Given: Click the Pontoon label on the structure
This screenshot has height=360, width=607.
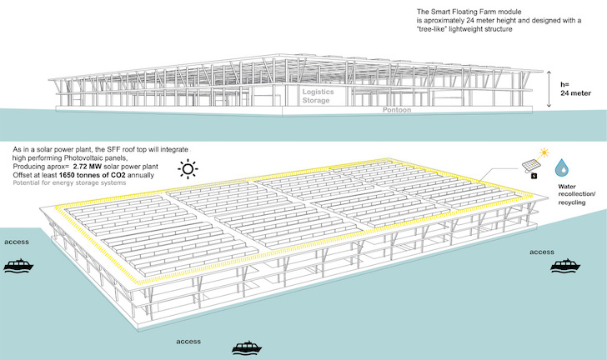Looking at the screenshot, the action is click(397, 110).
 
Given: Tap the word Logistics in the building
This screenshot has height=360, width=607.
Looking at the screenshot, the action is click(318, 92).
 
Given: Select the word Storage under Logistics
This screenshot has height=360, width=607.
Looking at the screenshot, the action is click(316, 100).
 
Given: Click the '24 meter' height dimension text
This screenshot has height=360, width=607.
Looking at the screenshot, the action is click(575, 93).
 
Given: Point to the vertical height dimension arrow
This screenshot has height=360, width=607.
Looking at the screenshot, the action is click(549, 89).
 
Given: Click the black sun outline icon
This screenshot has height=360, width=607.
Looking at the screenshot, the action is click(188, 169).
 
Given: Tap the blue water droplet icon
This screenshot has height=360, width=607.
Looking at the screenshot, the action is click(561, 167).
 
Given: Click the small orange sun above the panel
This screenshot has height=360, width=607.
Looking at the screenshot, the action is click(544, 152).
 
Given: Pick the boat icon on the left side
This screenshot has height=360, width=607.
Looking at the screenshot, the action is click(18, 265).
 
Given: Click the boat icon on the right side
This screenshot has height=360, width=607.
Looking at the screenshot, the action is click(565, 265).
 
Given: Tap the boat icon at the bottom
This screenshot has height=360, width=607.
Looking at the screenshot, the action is click(247, 347).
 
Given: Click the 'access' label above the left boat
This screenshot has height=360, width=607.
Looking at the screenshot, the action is click(17, 242).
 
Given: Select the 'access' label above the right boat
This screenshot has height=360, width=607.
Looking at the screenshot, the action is click(542, 252).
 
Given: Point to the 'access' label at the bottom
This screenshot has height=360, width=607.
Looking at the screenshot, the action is click(188, 342).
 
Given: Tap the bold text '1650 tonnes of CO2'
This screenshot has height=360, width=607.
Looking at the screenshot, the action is click(92, 175).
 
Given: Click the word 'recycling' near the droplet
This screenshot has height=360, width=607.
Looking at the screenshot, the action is click(571, 202).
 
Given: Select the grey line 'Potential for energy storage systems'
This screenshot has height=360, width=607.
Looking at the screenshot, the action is click(69, 182).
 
